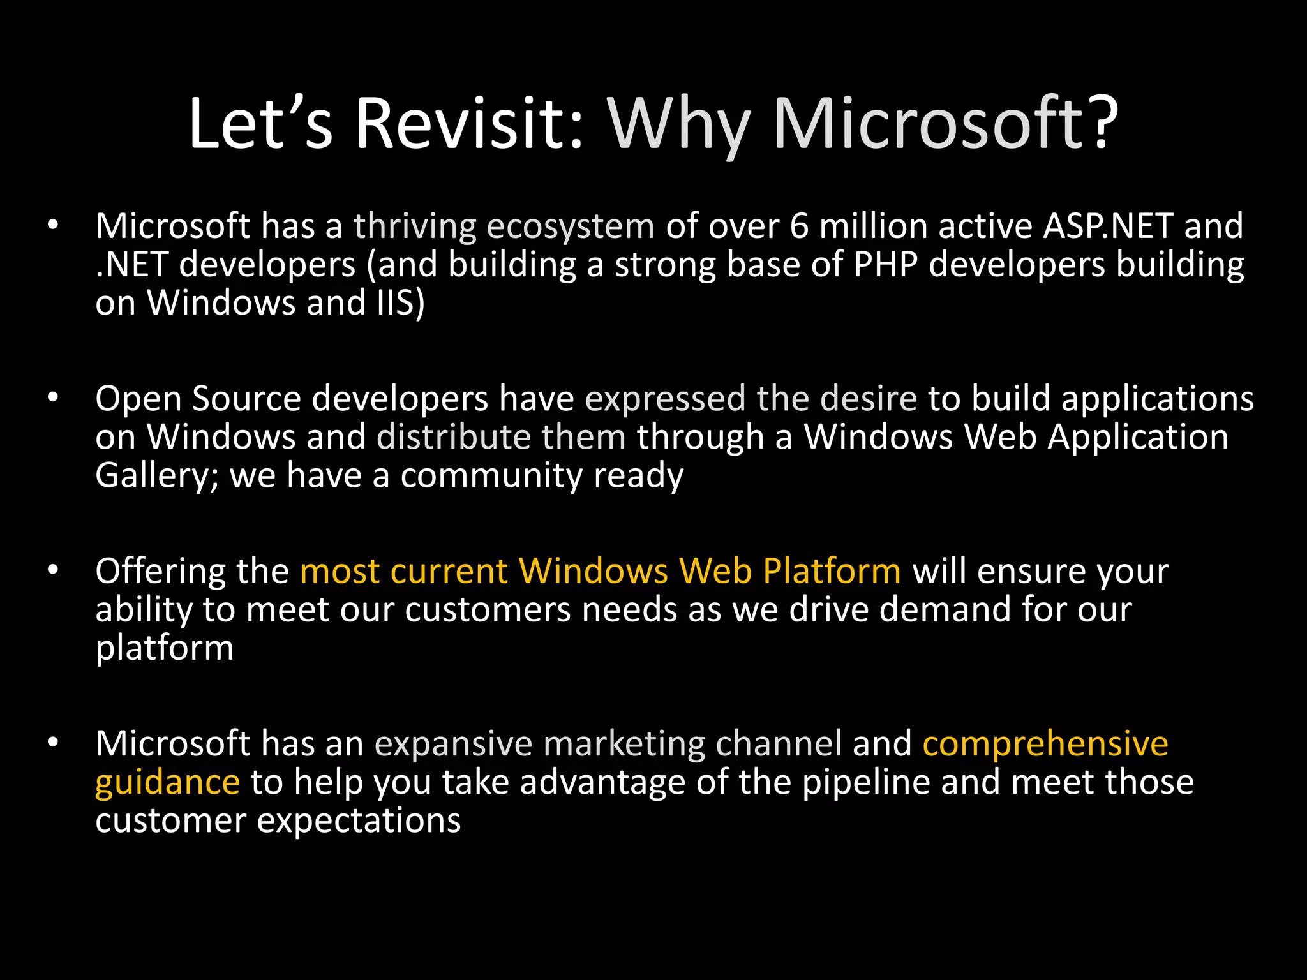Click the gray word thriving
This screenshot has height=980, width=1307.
coord(415,226)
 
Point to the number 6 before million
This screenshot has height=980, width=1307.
coord(799,226)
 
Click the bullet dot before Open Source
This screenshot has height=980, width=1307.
coord(53,398)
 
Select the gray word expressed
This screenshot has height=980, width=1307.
coord(665,399)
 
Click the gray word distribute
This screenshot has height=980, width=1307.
coord(454,438)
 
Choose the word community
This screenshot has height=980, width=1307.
coord(491,477)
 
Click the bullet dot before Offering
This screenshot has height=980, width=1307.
coord(53,570)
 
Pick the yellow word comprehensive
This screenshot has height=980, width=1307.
coord(1045,745)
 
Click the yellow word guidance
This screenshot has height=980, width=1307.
coord(167,783)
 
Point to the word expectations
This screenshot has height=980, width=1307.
coord(359,822)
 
